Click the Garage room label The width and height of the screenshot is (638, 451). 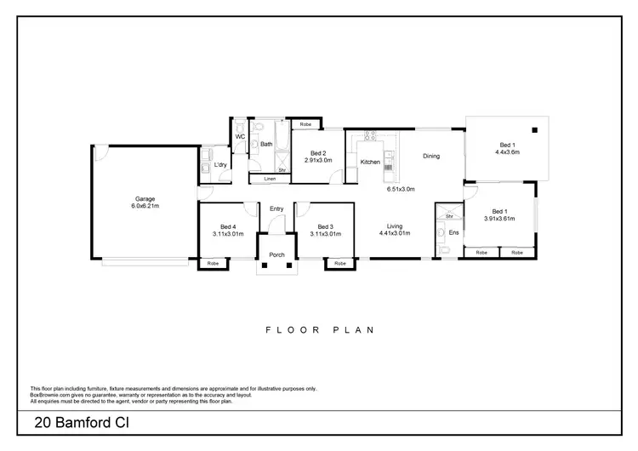[x=145, y=198]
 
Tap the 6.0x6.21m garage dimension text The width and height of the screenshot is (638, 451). [x=145, y=206]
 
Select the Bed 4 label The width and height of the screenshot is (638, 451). [x=228, y=226]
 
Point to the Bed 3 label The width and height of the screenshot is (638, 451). [x=325, y=226]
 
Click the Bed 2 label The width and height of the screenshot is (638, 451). [x=318, y=153]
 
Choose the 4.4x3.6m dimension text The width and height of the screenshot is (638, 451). [x=507, y=152]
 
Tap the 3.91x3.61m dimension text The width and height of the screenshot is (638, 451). [x=499, y=218]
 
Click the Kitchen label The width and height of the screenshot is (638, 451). [x=370, y=162]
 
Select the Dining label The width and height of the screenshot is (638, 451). [x=432, y=156]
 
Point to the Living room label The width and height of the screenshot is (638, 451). [x=394, y=226]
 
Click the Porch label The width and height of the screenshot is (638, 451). [x=276, y=254]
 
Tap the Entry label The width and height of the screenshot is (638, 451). [x=276, y=208]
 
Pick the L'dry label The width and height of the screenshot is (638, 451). [x=219, y=164]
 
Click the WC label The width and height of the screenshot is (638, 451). [x=240, y=136]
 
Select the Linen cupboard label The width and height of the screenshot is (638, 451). [x=270, y=179]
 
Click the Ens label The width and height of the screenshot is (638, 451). [x=453, y=231]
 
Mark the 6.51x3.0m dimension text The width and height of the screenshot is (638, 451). [x=400, y=189]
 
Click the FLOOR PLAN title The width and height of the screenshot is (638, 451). [x=320, y=329]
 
